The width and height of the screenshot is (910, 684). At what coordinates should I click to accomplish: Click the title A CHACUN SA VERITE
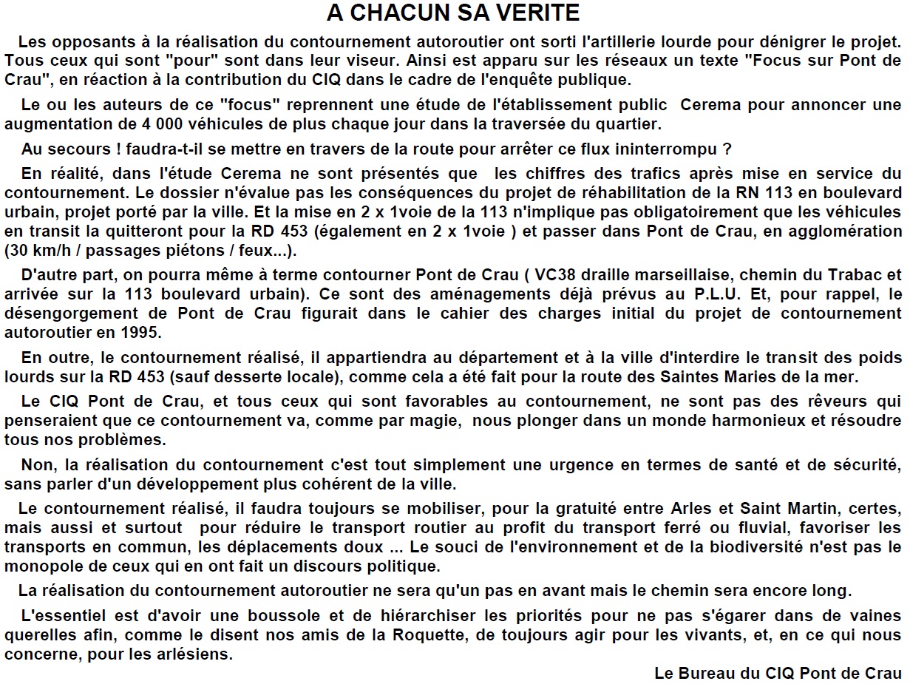click(x=453, y=13)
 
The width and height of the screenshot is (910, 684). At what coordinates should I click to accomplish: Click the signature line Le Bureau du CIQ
click(x=778, y=674)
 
